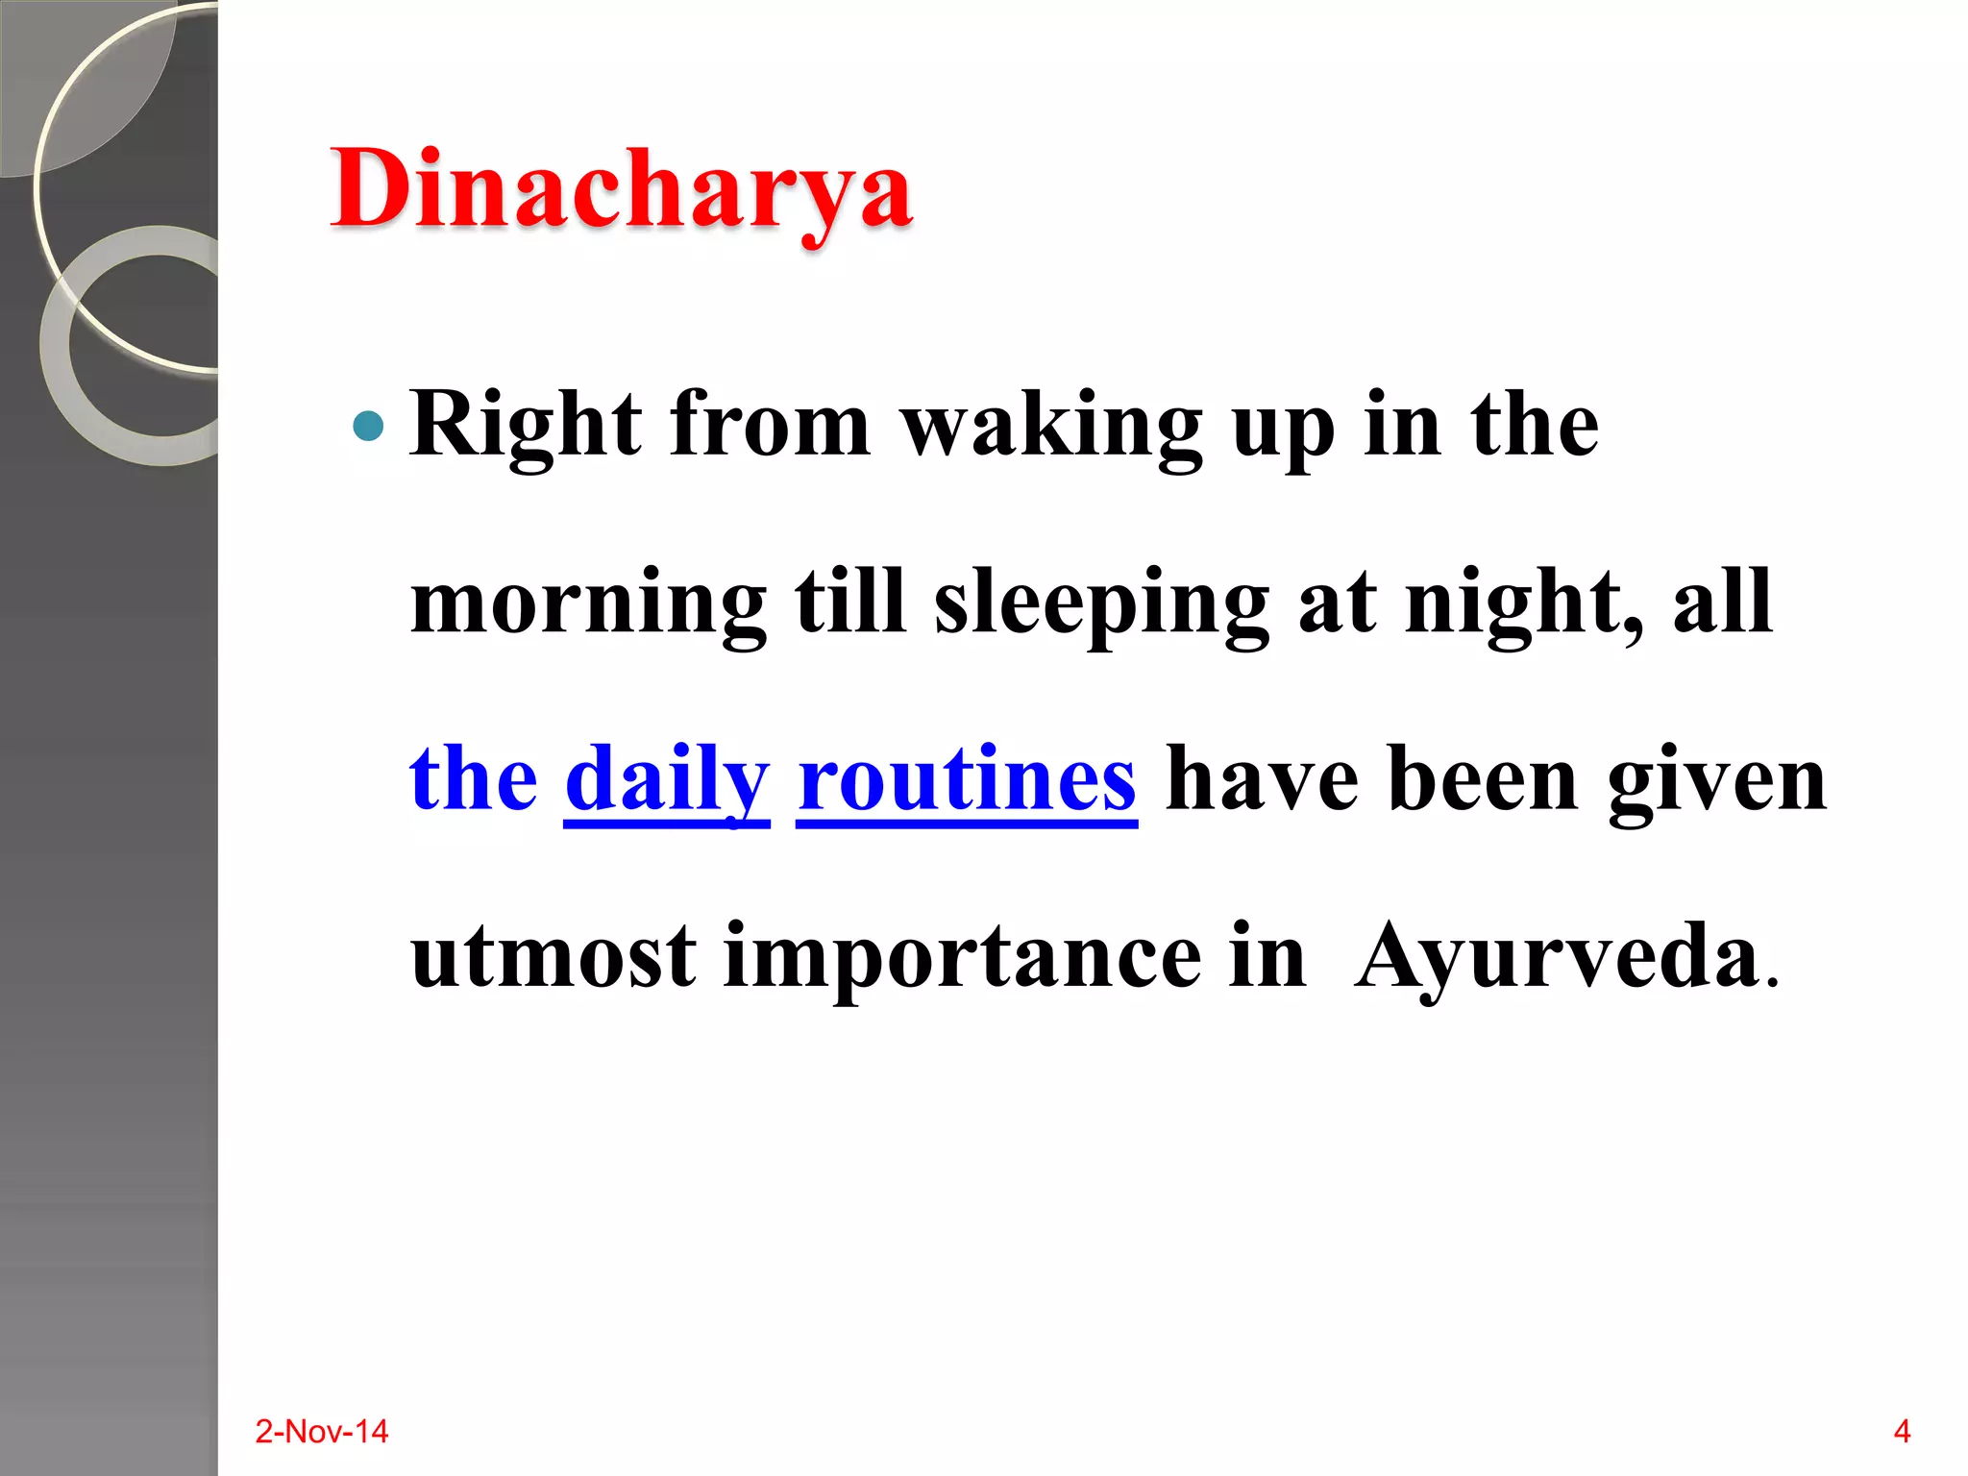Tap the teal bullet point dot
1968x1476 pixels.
click(368, 426)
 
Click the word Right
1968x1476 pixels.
click(526, 426)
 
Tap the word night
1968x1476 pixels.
click(1521, 603)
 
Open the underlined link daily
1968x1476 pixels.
click(667, 780)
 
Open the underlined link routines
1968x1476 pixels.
click(967, 780)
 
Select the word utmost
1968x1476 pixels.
click(553, 957)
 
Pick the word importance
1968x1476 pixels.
click(962, 959)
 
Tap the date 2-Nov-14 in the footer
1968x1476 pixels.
click(321, 1432)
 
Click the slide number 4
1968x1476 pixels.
click(1902, 1432)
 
